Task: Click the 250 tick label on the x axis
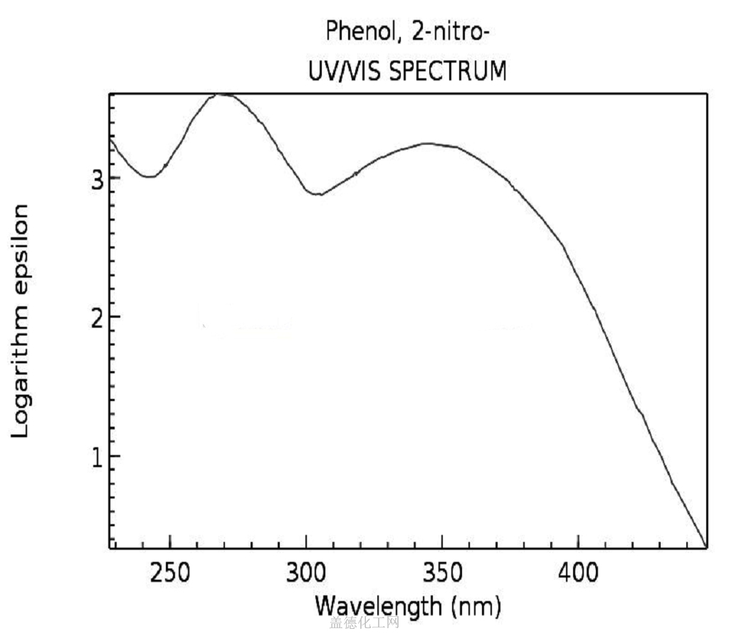[x=170, y=573]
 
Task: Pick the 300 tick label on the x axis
[x=306, y=573]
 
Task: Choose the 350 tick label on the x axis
[x=442, y=573]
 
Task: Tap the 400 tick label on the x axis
[x=578, y=573]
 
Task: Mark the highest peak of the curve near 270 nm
[x=222, y=94]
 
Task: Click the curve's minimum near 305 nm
[x=319, y=194]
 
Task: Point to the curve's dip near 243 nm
[x=151, y=177]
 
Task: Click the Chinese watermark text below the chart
[x=364, y=624]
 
